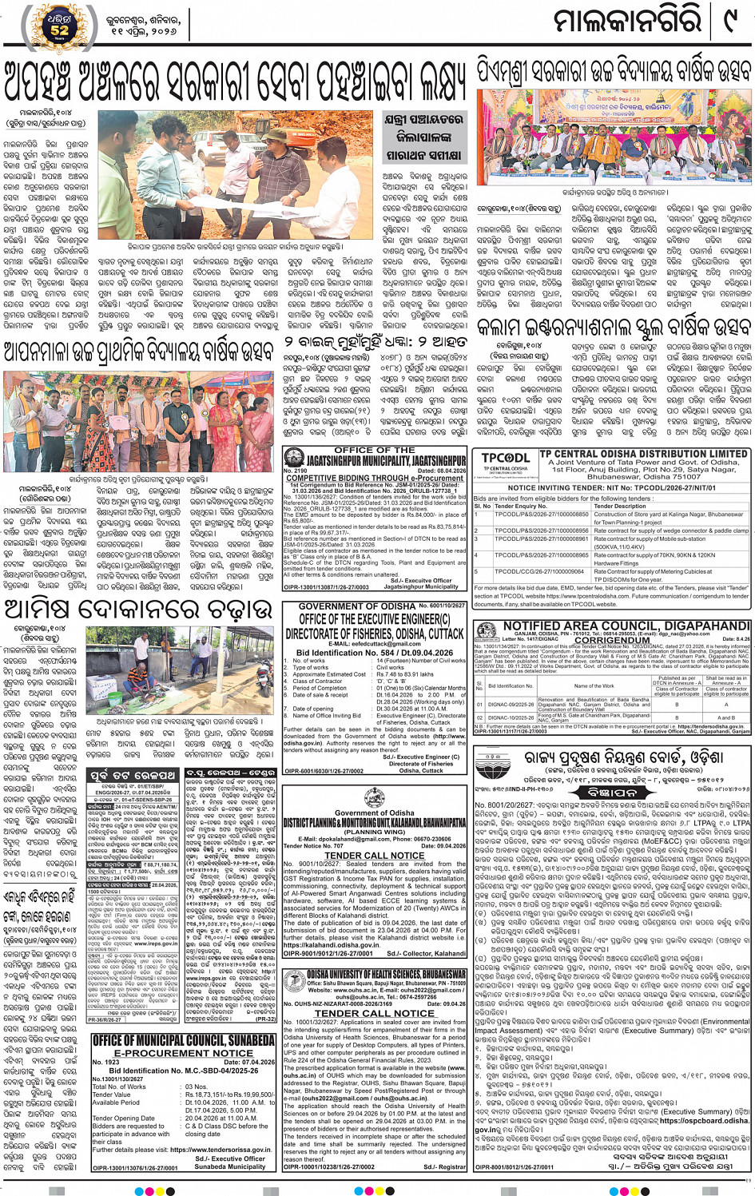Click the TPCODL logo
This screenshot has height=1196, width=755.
pyautogui.click(x=505, y=461)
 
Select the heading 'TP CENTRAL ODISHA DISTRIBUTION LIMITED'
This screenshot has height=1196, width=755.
pyautogui.click(x=644, y=454)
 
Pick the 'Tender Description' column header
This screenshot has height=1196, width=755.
pyautogui.click(x=619, y=507)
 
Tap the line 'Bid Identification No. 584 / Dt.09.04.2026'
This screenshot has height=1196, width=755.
pyautogui.click(x=374, y=653)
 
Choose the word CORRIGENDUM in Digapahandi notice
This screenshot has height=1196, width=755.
pyautogui.click(x=612, y=640)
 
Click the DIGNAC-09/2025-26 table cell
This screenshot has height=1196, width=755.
pyautogui.click(x=511, y=705)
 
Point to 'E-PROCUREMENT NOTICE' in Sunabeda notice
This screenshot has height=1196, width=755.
pyautogui.click(x=183, y=1052)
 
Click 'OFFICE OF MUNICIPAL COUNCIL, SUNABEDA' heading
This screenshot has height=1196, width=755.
pyautogui.click(x=183, y=1040)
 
